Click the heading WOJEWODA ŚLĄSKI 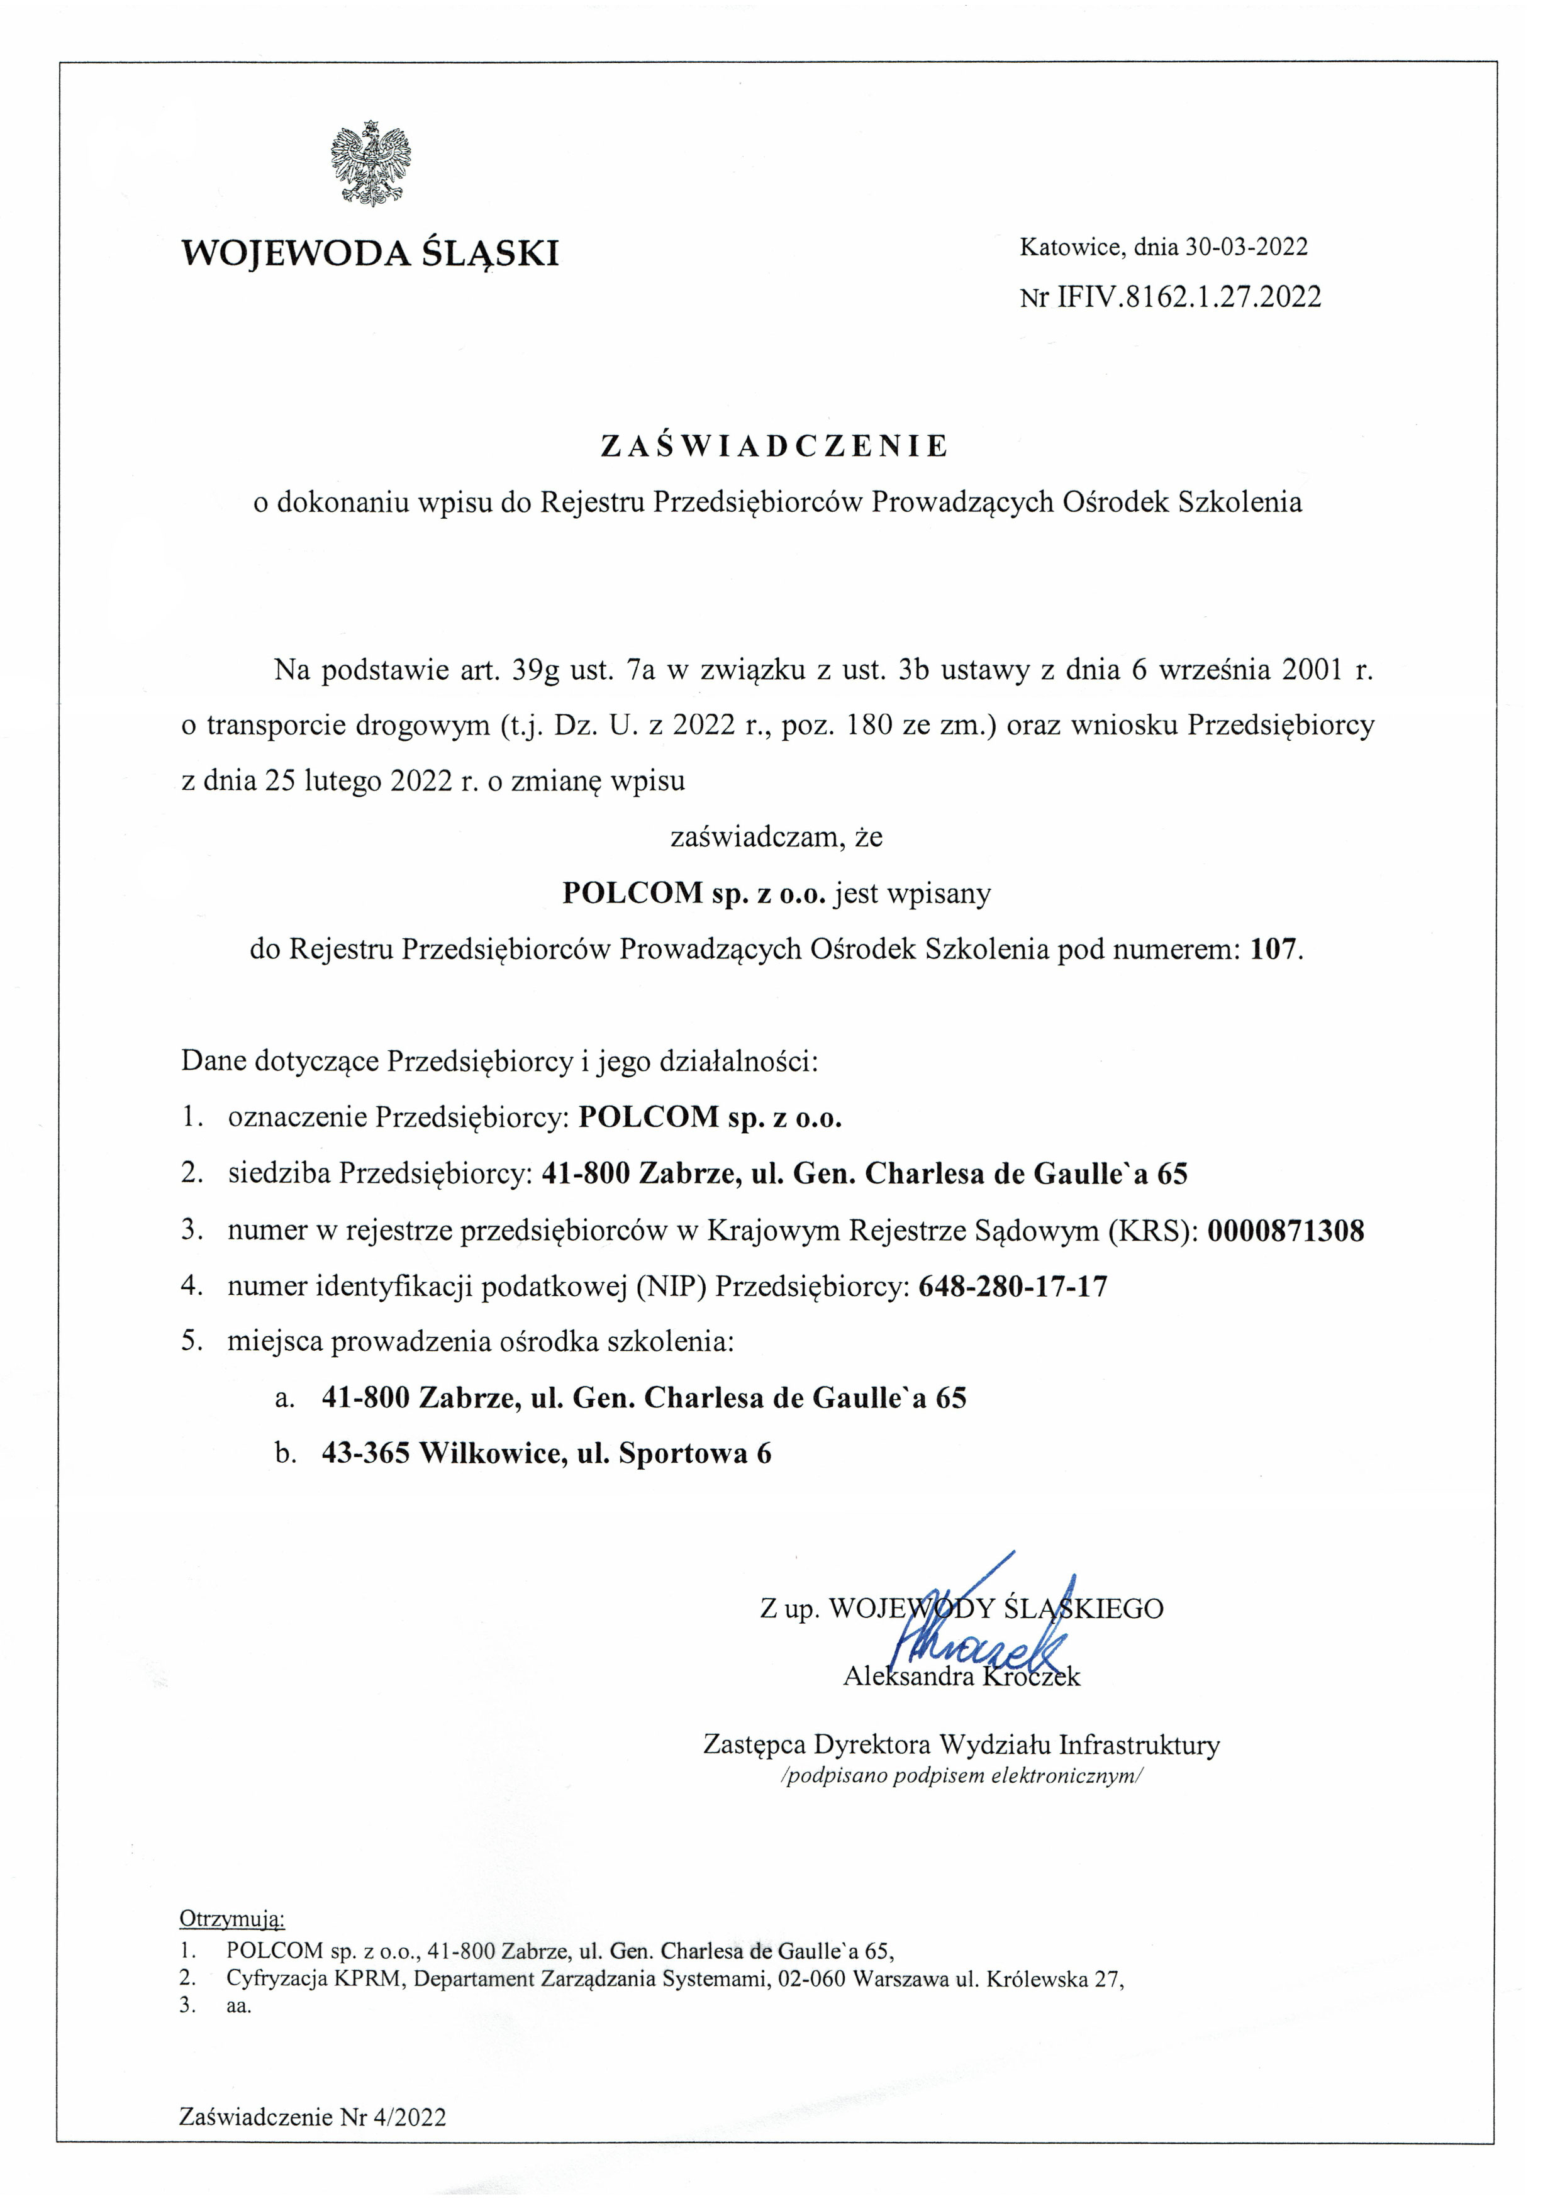[x=370, y=253]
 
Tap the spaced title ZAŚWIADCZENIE [x=775, y=446]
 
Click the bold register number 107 [x=1274, y=950]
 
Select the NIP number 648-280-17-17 [x=1013, y=1287]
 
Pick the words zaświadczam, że [x=776, y=838]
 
